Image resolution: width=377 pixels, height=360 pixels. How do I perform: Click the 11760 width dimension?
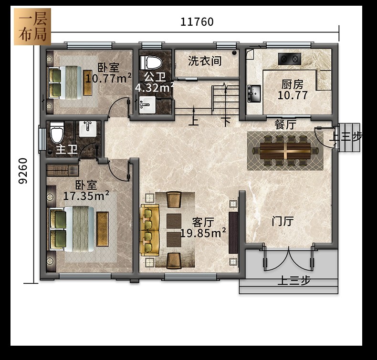(197, 22)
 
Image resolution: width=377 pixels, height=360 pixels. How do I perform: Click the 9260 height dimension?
(23, 171)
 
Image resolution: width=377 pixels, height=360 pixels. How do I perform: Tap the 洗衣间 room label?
(205, 61)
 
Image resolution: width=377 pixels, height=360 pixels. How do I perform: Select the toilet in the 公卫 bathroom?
(151, 62)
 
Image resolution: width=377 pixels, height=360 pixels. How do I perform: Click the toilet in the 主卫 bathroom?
(57, 133)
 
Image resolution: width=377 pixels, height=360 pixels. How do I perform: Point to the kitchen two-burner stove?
(290, 59)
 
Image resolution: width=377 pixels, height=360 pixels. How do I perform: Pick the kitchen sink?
(254, 93)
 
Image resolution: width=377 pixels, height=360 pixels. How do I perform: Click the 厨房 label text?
(293, 84)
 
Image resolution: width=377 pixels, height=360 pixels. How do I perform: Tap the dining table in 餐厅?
(285, 151)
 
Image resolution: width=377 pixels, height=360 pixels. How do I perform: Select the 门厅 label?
(283, 221)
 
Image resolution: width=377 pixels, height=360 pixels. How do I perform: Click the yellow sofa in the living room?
(149, 230)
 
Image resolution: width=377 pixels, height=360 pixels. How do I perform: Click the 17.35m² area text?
(86, 195)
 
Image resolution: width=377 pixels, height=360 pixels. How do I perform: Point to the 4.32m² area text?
(154, 88)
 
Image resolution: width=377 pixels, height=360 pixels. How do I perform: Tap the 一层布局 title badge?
(32, 27)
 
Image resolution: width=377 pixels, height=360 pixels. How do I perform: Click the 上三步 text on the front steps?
(294, 280)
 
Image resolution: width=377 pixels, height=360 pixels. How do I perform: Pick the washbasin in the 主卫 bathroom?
(88, 129)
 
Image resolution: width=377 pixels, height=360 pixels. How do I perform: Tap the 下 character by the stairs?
(226, 122)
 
